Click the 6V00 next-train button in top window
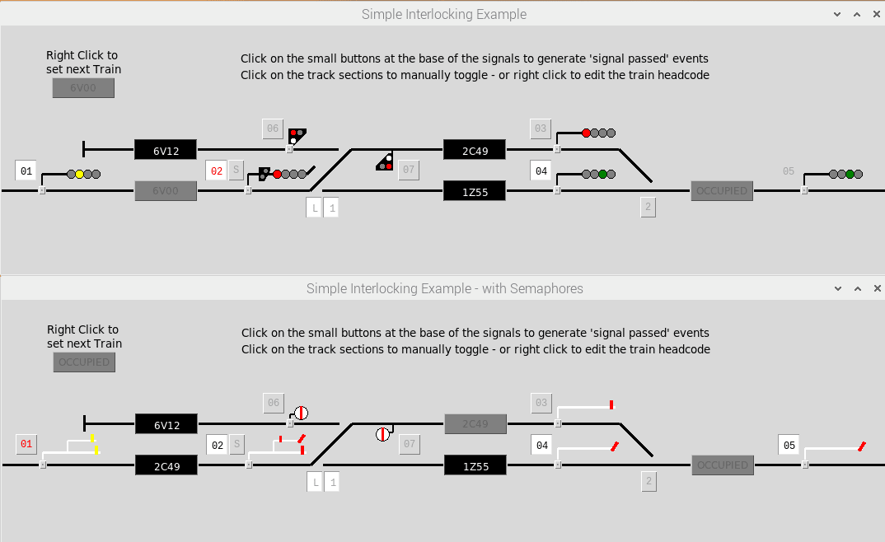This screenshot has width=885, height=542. [83, 88]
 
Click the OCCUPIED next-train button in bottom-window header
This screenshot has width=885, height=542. [84, 362]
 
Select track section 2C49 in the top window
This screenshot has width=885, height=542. [474, 150]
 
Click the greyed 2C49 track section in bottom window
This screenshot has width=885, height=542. [475, 424]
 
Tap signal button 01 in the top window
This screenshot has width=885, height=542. [26, 171]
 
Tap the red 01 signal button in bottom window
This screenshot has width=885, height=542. [26, 445]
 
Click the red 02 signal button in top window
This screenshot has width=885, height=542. [216, 171]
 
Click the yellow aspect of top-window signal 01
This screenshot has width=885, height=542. [79, 174]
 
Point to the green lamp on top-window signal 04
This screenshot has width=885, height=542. [603, 174]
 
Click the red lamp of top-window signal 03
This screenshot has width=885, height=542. [587, 133]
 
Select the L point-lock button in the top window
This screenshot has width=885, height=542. [314, 208]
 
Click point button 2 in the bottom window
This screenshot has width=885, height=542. [649, 482]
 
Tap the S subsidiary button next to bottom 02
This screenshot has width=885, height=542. [236, 446]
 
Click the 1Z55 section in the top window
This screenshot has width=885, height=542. [474, 191]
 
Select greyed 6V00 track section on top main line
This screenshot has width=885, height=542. [166, 191]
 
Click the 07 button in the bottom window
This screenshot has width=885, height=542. [409, 445]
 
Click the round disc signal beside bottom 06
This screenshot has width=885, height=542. [302, 413]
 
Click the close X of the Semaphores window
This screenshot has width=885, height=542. [876, 289]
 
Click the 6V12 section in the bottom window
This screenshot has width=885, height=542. [166, 424]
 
